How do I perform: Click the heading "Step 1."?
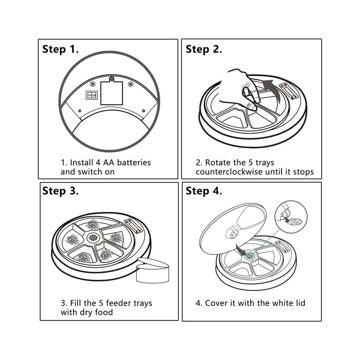(60, 49)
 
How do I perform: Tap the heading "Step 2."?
(204, 49)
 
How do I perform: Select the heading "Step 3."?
(60, 191)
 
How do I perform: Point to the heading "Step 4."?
(204, 191)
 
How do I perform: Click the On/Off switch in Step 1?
(92, 95)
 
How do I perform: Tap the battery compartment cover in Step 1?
(111, 92)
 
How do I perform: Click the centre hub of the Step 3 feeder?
(93, 238)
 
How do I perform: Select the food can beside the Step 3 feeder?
(153, 270)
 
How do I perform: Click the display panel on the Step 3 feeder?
(134, 226)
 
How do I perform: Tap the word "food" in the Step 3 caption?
(104, 312)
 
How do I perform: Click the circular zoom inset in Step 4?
(291, 217)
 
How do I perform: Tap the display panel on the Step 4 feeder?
(283, 247)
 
